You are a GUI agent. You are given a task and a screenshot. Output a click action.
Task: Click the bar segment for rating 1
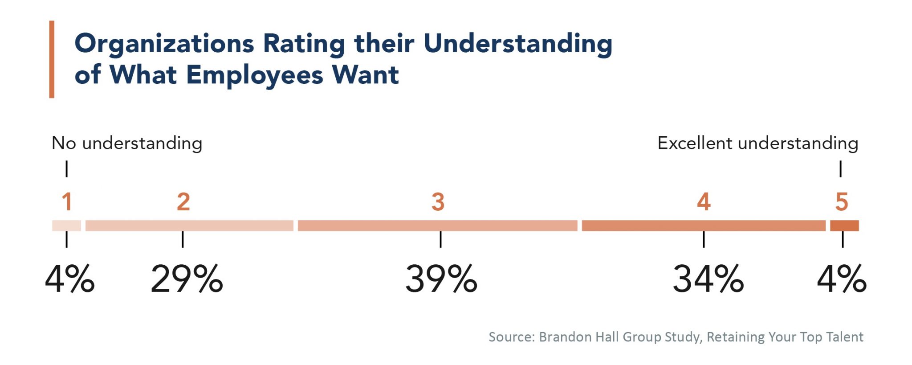pyautogui.click(x=66, y=226)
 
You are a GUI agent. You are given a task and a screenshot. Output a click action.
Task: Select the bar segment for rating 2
pyautogui.click(x=189, y=226)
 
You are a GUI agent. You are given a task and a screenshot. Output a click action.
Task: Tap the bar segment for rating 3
pyautogui.click(x=437, y=226)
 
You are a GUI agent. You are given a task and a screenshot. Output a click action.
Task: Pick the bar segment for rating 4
pyautogui.click(x=703, y=226)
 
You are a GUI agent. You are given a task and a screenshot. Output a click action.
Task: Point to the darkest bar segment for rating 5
pyautogui.click(x=844, y=226)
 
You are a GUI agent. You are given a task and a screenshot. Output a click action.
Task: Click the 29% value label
pyautogui.click(x=187, y=279)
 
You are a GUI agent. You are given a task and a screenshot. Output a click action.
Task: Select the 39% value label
pyautogui.click(x=441, y=279)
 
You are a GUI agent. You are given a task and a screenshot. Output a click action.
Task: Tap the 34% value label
pyautogui.click(x=708, y=279)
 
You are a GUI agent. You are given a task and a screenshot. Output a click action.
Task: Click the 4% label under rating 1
pyautogui.click(x=70, y=279)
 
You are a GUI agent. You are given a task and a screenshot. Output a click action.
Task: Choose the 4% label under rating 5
pyautogui.click(x=842, y=279)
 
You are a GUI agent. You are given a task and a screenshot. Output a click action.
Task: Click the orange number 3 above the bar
pyautogui.click(x=438, y=202)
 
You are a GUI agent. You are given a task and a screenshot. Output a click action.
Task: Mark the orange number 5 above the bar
pyautogui.click(x=842, y=202)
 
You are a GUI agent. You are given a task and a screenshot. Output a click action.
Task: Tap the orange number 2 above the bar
pyautogui.click(x=183, y=202)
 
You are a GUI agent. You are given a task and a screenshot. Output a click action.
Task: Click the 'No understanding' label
pyautogui.click(x=127, y=144)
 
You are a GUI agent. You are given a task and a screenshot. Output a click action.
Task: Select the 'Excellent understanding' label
pyautogui.click(x=757, y=144)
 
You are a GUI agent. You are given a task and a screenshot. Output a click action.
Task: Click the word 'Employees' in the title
pyautogui.click(x=254, y=75)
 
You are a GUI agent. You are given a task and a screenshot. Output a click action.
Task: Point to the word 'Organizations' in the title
pyautogui.click(x=164, y=44)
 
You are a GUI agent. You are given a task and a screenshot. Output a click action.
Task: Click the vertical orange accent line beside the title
pyautogui.click(x=52, y=59)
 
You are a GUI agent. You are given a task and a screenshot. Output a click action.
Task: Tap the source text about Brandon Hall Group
pyautogui.click(x=676, y=337)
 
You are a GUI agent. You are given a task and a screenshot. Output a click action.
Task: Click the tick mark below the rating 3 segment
pyautogui.click(x=440, y=239)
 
